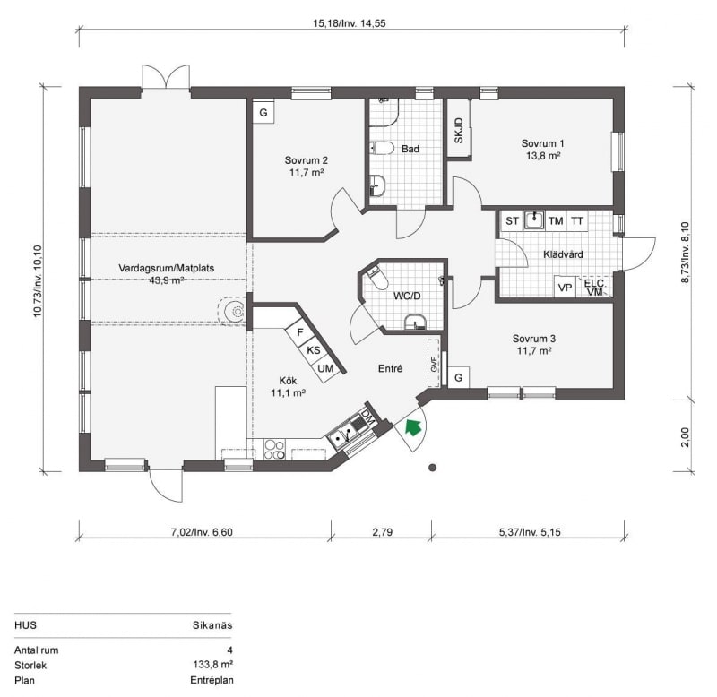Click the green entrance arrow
tap(413, 428)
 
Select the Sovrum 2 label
tap(307, 167)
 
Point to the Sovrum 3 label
tap(533, 345)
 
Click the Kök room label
tap(288, 387)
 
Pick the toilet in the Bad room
tap(382, 148)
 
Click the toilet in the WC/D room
tap(376, 278)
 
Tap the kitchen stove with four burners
tap(274, 449)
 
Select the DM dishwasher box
tap(367, 417)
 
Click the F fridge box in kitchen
tap(300, 332)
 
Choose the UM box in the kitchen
tap(325, 367)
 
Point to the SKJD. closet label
tap(459, 130)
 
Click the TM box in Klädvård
tap(556, 221)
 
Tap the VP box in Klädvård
tap(566, 288)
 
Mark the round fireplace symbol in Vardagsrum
tap(237, 311)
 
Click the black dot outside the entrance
tap(432, 468)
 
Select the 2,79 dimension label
tap(383, 532)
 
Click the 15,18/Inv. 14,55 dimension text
tap(350, 23)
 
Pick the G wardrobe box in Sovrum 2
tap(263, 113)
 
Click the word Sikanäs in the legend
tap(212, 625)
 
